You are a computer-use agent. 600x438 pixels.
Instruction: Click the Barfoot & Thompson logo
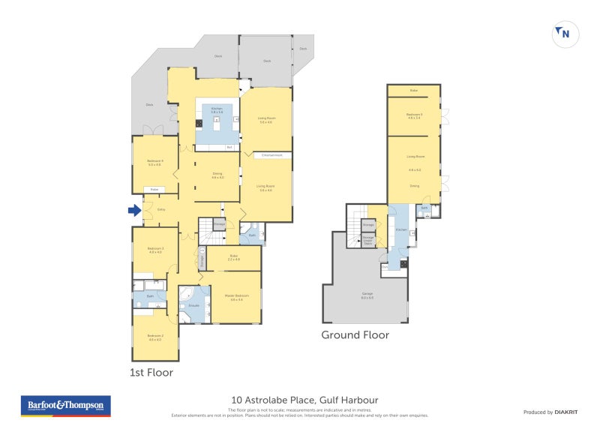[x=65, y=406]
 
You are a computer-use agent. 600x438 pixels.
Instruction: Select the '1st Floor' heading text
[x=151, y=372]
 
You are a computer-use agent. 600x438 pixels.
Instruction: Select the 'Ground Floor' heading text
[x=355, y=335]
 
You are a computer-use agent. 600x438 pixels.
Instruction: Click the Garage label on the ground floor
[x=367, y=296]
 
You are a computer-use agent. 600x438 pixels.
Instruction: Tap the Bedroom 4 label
[x=155, y=163]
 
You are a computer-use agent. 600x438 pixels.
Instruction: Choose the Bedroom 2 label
[x=155, y=337]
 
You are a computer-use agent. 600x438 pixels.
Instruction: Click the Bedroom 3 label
[x=155, y=250]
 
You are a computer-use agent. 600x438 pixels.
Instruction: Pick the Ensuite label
[x=193, y=306]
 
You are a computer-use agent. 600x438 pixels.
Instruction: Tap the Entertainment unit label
[x=266, y=155]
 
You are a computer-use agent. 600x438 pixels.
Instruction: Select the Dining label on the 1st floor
[x=217, y=175]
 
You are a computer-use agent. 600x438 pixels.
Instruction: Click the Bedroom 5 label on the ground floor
[x=413, y=115]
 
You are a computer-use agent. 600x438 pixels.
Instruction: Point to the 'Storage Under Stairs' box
[x=368, y=241]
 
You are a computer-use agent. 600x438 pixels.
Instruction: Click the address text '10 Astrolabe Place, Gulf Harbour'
[x=302, y=400]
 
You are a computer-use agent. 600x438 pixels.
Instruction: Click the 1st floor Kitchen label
[x=217, y=109]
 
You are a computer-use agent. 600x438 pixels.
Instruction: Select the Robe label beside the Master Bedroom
[x=234, y=258]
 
